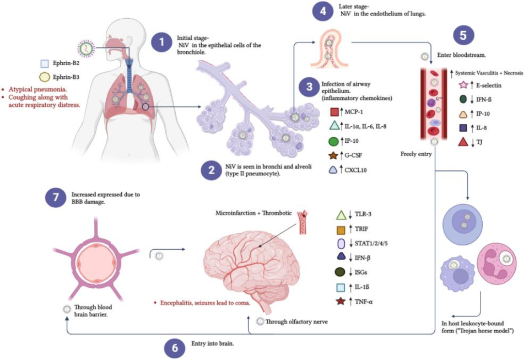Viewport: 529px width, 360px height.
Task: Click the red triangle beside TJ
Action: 463,142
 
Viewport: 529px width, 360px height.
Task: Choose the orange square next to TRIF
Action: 342,228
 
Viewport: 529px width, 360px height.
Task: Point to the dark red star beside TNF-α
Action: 342,301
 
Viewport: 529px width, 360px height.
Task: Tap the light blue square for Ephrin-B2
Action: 45,64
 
